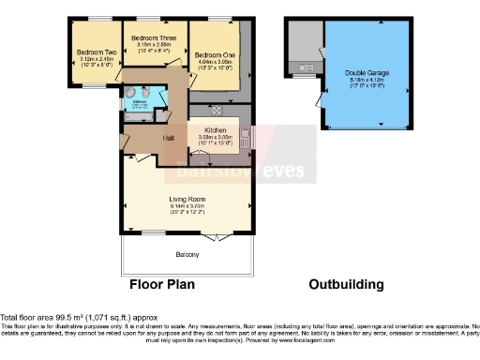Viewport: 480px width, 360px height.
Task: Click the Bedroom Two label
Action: (91, 52)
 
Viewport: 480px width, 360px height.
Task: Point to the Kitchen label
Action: (204, 131)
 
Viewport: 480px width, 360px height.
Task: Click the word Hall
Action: (169, 139)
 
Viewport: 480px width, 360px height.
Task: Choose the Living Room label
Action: (187, 199)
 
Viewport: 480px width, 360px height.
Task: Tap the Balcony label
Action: (187, 254)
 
